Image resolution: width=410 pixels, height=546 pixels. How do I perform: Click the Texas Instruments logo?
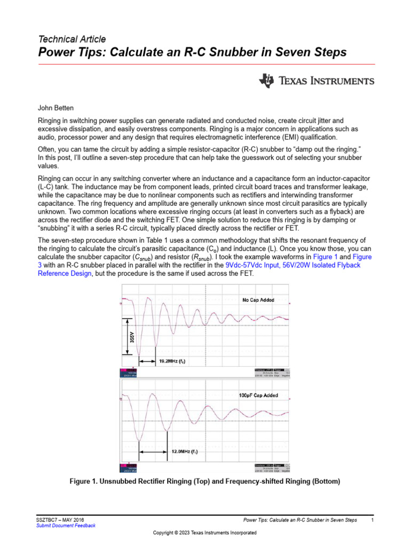(316, 81)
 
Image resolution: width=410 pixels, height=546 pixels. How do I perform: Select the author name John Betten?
(56, 108)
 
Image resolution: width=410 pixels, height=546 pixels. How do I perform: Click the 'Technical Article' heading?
(72, 39)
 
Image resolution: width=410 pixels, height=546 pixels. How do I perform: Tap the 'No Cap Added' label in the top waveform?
(259, 300)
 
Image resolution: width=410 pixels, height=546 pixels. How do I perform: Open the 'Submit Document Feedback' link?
(66, 526)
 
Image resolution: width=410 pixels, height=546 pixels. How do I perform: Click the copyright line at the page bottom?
(205, 533)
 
